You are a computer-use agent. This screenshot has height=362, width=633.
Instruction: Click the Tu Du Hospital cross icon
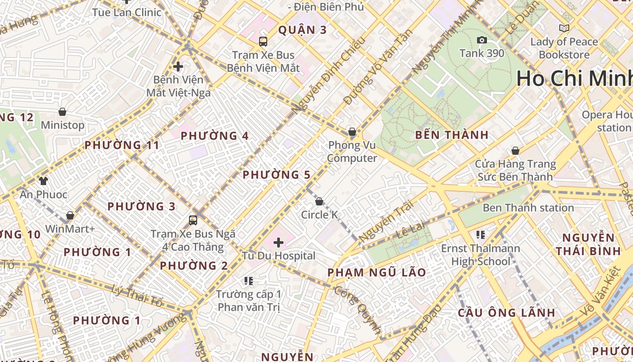pyautogui.click(x=279, y=243)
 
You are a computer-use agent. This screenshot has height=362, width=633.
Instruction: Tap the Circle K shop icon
pyautogui.click(x=319, y=201)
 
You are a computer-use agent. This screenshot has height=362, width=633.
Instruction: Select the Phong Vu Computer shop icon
pyautogui.click(x=352, y=132)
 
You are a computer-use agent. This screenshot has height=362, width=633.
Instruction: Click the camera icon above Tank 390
pyautogui.click(x=482, y=40)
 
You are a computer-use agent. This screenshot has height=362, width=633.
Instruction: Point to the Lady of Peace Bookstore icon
pyautogui.click(x=564, y=28)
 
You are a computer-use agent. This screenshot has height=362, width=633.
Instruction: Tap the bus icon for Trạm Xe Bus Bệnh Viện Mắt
pyautogui.click(x=263, y=42)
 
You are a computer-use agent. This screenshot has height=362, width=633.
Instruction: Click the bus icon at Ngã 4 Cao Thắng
pyautogui.click(x=193, y=220)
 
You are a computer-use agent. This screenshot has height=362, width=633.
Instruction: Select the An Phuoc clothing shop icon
pyautogui.click(x=43, y=181)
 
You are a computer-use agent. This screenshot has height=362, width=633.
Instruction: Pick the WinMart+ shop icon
pyautogui.click(x=70, y=215)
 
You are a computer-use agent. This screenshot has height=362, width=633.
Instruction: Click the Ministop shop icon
pyautogui.click(x=62, y=112)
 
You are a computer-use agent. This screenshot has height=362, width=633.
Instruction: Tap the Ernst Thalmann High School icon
pyautogui.click(x=481, y=234)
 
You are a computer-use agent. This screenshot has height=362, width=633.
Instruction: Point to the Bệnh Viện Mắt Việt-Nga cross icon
pyautogui.click(x=178, y=67)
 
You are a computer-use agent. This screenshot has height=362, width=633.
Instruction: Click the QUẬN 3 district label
pyautogui.click(x=302, y=30)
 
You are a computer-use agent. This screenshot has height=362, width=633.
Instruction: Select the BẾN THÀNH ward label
pyautogui.click(x=451, y=135)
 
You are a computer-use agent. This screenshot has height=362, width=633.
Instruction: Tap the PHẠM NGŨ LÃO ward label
pyautogui.click(x=376, y=272)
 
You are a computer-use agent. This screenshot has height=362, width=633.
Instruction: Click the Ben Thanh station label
pyautogui.click(x=528, y=208)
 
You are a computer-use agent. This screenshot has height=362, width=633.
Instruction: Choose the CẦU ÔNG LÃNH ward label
pyautogui.click(x=506, y=313)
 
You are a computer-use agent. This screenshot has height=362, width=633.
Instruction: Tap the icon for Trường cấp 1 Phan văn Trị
pyautogui.click(x=248, y=281)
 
